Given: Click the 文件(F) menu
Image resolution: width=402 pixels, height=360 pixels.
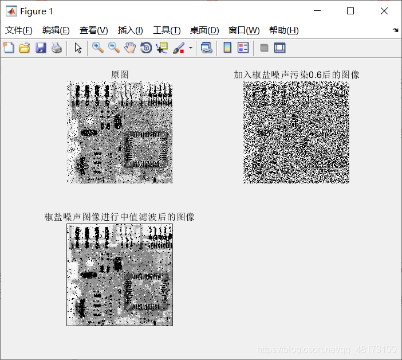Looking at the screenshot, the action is pyautogui.click(x=19, y=30).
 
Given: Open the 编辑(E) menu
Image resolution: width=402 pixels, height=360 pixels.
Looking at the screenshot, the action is pyautogui.click(x=56, y=30).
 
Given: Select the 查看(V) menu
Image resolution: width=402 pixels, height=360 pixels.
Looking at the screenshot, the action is pyautogui.click(x=93, y=30).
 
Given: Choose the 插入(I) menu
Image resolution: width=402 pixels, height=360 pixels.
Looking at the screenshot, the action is pyautogui.click(x=130, y=30).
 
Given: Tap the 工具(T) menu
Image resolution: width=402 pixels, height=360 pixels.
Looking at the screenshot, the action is pyautogui.click(x=167, y=30).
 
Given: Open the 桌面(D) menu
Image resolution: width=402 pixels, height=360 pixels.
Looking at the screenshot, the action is pyautogui.click(x=204, y=30).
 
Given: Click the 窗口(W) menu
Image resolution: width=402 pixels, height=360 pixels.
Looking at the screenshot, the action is pyautogui.click(x=244, y=30).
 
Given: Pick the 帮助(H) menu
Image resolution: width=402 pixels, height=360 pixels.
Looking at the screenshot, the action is pyautogui.click(x=284, y=30).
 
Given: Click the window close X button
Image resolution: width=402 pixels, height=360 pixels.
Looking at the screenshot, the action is pyautogui.click(x=384, y=11).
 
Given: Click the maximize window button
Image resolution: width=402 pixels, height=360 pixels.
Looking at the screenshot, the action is pyautogui.click(x=350, y=11).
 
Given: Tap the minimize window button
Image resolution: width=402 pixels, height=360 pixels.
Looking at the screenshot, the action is pyautogui.click(x=317, y=11).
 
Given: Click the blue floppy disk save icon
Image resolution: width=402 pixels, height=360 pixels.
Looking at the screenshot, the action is pyautogui.click(x=41, y=48).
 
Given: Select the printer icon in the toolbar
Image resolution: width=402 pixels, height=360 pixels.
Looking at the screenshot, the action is pyautogui.click(x=57, y=48).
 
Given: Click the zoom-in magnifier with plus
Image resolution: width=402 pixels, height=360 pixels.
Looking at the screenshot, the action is pyautogui.click(x=98, y=48).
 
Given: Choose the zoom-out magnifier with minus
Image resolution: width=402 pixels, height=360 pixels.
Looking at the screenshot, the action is pyautogui.click(x=114, y=48).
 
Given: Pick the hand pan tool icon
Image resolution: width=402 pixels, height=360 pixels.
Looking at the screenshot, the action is pyautogui.click(x=130, y=48).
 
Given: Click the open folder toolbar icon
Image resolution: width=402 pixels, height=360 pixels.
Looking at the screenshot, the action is pyautogui.click(x=25, y=48).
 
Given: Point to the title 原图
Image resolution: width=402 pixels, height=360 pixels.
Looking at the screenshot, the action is pyautogui.click(x=120, y=75).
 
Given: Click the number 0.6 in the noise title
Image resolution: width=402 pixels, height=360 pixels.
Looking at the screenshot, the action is pyautogui.click(x=315, y=75).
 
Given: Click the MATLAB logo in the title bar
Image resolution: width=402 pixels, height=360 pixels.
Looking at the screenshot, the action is pyautogui.click(x=11, y=11).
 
